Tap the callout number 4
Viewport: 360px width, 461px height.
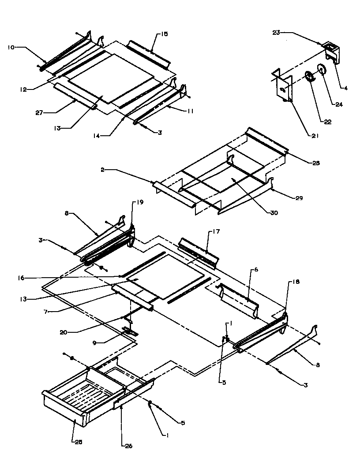point(346,88)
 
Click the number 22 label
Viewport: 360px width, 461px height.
point(328,122)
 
